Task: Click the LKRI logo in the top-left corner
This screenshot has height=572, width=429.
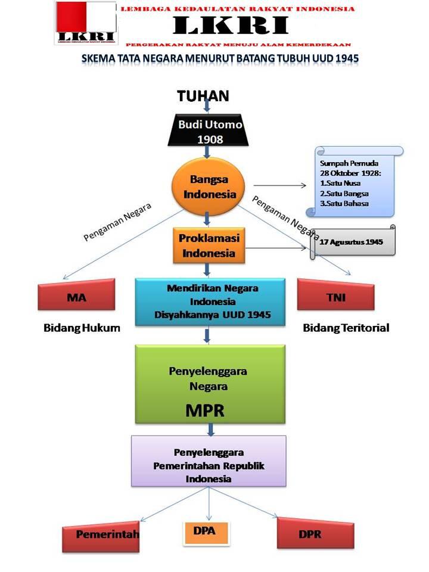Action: coord(85,23)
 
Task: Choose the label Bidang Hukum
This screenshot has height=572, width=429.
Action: coord(82,328)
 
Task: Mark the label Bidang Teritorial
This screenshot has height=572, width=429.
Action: coord(346,328)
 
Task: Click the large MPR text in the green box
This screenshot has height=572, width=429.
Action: coord(209,411)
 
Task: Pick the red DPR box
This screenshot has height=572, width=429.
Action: coord(311,533)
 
